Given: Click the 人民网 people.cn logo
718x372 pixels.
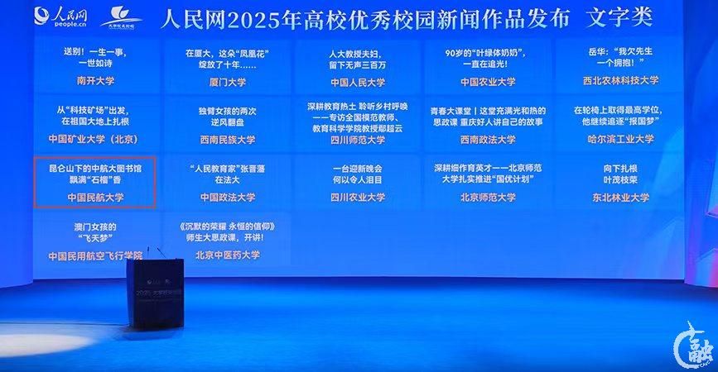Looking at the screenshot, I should (60, 16).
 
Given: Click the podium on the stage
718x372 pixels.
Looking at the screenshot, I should (155, 289).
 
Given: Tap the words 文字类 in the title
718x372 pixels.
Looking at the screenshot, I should (618, 17).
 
